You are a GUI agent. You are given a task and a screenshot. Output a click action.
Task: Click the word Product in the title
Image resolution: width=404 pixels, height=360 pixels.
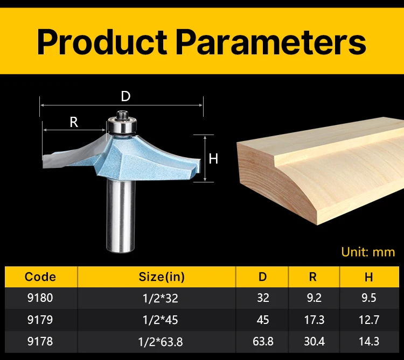(102, 41)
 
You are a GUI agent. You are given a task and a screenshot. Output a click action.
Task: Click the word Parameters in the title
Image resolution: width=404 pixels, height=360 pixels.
(271, 41)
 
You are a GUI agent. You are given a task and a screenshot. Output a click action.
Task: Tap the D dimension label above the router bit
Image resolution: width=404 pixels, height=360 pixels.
(126, 96)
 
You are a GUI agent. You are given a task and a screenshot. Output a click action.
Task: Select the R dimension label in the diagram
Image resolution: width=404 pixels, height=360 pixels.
(74, 122)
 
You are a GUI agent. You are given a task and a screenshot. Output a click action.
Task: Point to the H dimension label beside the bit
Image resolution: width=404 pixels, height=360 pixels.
(213, 159)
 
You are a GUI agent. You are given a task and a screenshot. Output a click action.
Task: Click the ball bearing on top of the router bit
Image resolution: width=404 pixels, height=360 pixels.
(122, 125)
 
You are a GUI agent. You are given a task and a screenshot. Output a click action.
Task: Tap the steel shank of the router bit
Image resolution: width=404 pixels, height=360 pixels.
(121, 216)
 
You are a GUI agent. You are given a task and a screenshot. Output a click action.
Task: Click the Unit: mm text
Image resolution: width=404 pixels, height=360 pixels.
(368, 252)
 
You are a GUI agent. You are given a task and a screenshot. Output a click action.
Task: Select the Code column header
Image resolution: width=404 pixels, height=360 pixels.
(40, 277)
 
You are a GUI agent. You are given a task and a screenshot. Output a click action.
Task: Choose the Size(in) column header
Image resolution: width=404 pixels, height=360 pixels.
(162, 277)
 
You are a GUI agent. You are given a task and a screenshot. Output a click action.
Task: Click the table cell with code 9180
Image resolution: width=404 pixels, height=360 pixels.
(40, 298)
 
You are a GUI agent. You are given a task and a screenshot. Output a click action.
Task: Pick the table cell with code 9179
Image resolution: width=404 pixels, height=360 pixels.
(40, 320)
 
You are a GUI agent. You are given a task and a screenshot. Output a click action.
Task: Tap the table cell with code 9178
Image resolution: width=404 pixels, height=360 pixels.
(40, 342)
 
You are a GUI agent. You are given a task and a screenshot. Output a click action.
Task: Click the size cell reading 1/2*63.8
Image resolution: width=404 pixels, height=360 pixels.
(161, 342)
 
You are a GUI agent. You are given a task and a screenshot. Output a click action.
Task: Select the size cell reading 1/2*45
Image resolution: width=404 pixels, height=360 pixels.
(161, 320)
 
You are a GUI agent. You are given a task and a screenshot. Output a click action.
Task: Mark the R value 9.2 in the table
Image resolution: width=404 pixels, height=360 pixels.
(314, 298)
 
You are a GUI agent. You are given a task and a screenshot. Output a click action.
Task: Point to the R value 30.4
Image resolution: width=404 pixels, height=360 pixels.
(314, 342)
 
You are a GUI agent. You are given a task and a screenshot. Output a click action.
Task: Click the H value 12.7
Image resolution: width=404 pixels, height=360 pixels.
(369, 320)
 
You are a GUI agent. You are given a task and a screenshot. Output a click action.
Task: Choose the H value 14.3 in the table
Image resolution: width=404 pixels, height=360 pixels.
(369, 342)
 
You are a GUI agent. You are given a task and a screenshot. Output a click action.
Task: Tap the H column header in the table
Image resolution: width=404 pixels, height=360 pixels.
(368, 277)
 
